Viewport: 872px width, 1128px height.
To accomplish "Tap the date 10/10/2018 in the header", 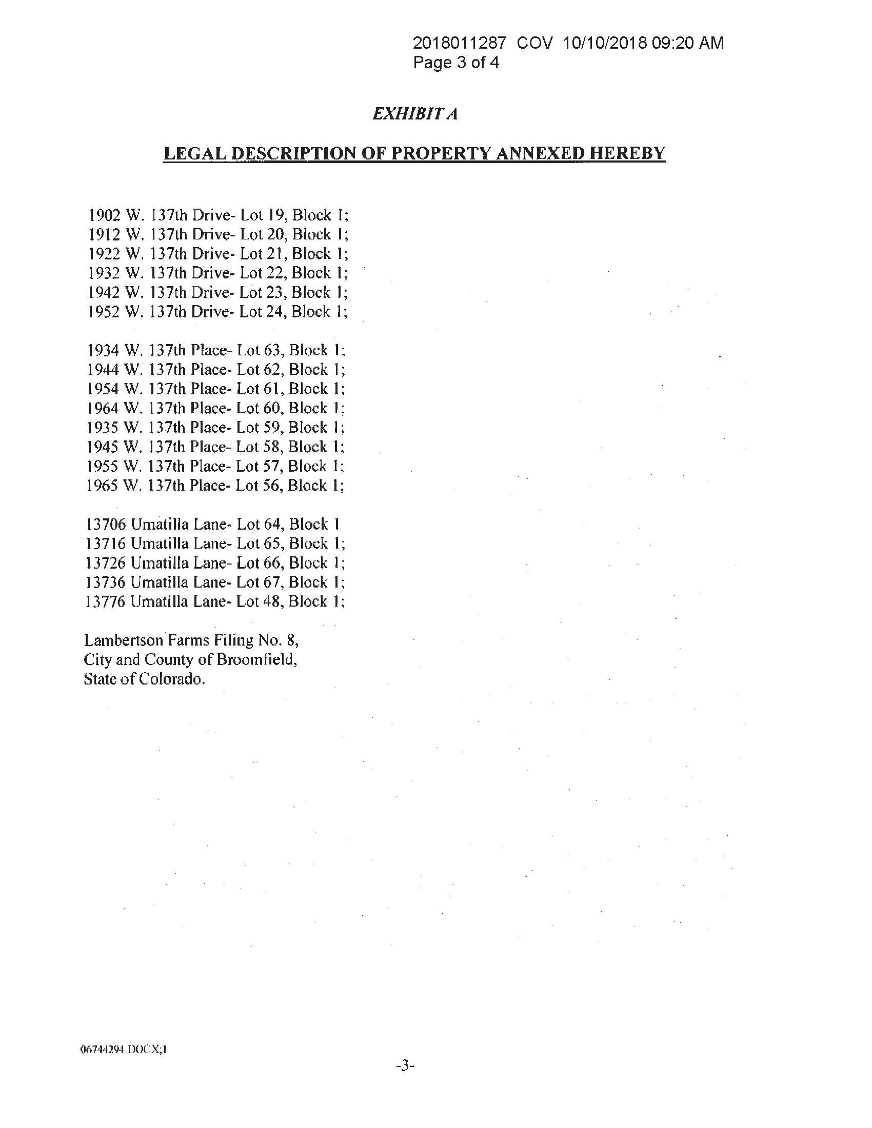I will tap(604, 43).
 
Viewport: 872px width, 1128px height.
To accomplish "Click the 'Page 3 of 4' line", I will tap(455, 63).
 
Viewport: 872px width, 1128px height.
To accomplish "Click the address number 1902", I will tap(105, 215).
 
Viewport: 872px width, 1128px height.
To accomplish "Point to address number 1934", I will tap(104, 350).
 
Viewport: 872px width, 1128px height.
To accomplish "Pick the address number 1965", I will tap(103, 486).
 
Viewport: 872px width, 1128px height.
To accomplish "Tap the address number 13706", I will tap(105, 524).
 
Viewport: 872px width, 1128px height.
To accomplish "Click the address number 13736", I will tap(105, 582).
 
